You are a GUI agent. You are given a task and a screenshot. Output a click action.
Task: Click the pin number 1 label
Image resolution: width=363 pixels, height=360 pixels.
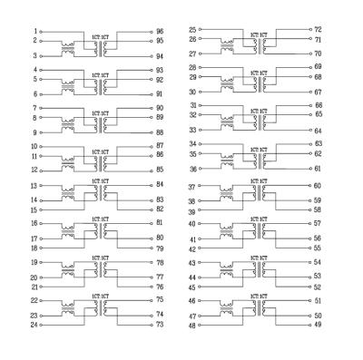tap(34, 31)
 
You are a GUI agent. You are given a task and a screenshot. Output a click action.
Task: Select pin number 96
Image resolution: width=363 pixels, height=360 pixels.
tap(160, 31)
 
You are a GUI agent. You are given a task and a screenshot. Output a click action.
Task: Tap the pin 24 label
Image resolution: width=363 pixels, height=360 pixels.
tap(33, 324)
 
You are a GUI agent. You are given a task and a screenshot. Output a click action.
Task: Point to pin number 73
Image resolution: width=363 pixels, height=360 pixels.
tap(160, 324)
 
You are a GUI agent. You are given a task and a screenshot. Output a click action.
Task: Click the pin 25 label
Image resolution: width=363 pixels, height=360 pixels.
tap(192, 30)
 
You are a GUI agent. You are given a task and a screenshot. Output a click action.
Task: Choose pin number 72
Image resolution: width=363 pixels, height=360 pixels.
tap(318, 29)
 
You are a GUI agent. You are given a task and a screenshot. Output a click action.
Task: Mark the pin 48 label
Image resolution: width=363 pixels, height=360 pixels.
tap(192, 324)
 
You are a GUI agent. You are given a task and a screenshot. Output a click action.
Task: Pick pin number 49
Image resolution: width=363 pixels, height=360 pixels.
tap(318, 324)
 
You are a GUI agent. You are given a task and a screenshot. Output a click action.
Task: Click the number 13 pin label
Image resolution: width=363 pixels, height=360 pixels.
tap(33, 185)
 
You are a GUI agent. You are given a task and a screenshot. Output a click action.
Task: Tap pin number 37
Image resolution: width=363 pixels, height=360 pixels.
tap(192, 186)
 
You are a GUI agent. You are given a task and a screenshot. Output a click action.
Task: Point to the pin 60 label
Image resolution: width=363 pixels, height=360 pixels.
tap(318, 186)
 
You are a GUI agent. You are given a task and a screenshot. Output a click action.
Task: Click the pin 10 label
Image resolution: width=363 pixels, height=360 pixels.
tap(33, 145)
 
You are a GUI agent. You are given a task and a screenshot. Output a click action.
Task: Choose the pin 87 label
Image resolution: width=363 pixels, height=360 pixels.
tap(160, 145)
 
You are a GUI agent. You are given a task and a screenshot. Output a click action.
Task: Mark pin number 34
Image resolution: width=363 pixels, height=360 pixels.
tap(192, 144)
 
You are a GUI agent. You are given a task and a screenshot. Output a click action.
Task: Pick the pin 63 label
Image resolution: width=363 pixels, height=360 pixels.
tap(318, 144)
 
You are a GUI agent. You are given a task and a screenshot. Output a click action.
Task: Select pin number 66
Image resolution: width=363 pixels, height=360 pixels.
tap(318, 106)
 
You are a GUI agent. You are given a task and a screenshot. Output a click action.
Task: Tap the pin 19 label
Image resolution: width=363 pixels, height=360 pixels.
tap(33, 262)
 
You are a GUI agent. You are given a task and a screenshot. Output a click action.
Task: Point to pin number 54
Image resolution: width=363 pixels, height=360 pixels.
tap(318, 262)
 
